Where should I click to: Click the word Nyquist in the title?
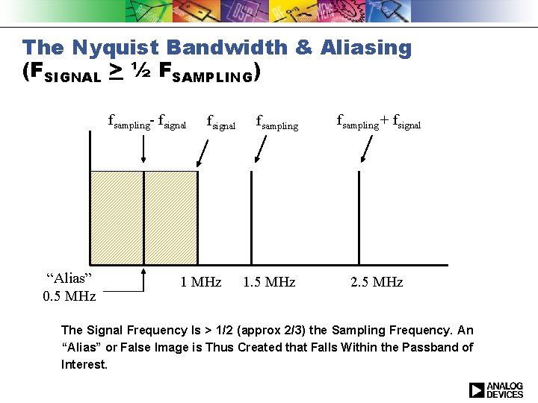click(116, 48)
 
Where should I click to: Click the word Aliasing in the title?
click(365, 48)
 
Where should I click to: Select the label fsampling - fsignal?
click(147, 120)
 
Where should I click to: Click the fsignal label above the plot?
click(220, 120)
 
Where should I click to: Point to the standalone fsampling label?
click(276, 120)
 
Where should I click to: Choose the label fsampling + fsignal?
click(379, 120)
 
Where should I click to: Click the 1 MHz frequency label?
click(201, 282)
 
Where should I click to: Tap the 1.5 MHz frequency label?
click(269, 282)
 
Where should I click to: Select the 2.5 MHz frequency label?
click(377, 282)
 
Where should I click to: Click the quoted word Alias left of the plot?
click(69, 278)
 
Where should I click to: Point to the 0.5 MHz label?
click(69, 296)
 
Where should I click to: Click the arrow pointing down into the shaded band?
click(143, 150)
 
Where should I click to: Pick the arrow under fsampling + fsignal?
click(366, 150)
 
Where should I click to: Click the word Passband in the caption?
click(430, 347)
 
